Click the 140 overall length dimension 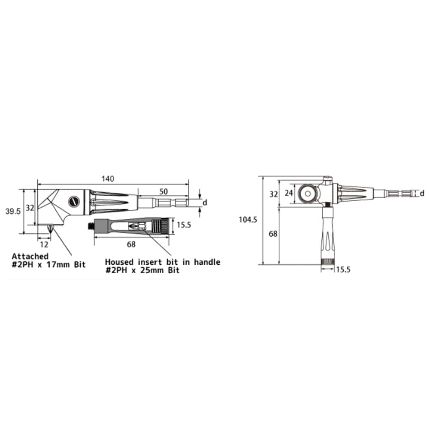pos(108,178)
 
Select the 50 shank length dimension pos(163,191)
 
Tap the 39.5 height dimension pos(13,211)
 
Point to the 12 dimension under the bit pos(44,245)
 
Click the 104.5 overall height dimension pos(248,219)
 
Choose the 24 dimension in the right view pos(289,193)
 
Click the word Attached pos(30,257)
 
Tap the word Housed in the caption pos(119,262)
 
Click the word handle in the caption pos(207,262)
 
